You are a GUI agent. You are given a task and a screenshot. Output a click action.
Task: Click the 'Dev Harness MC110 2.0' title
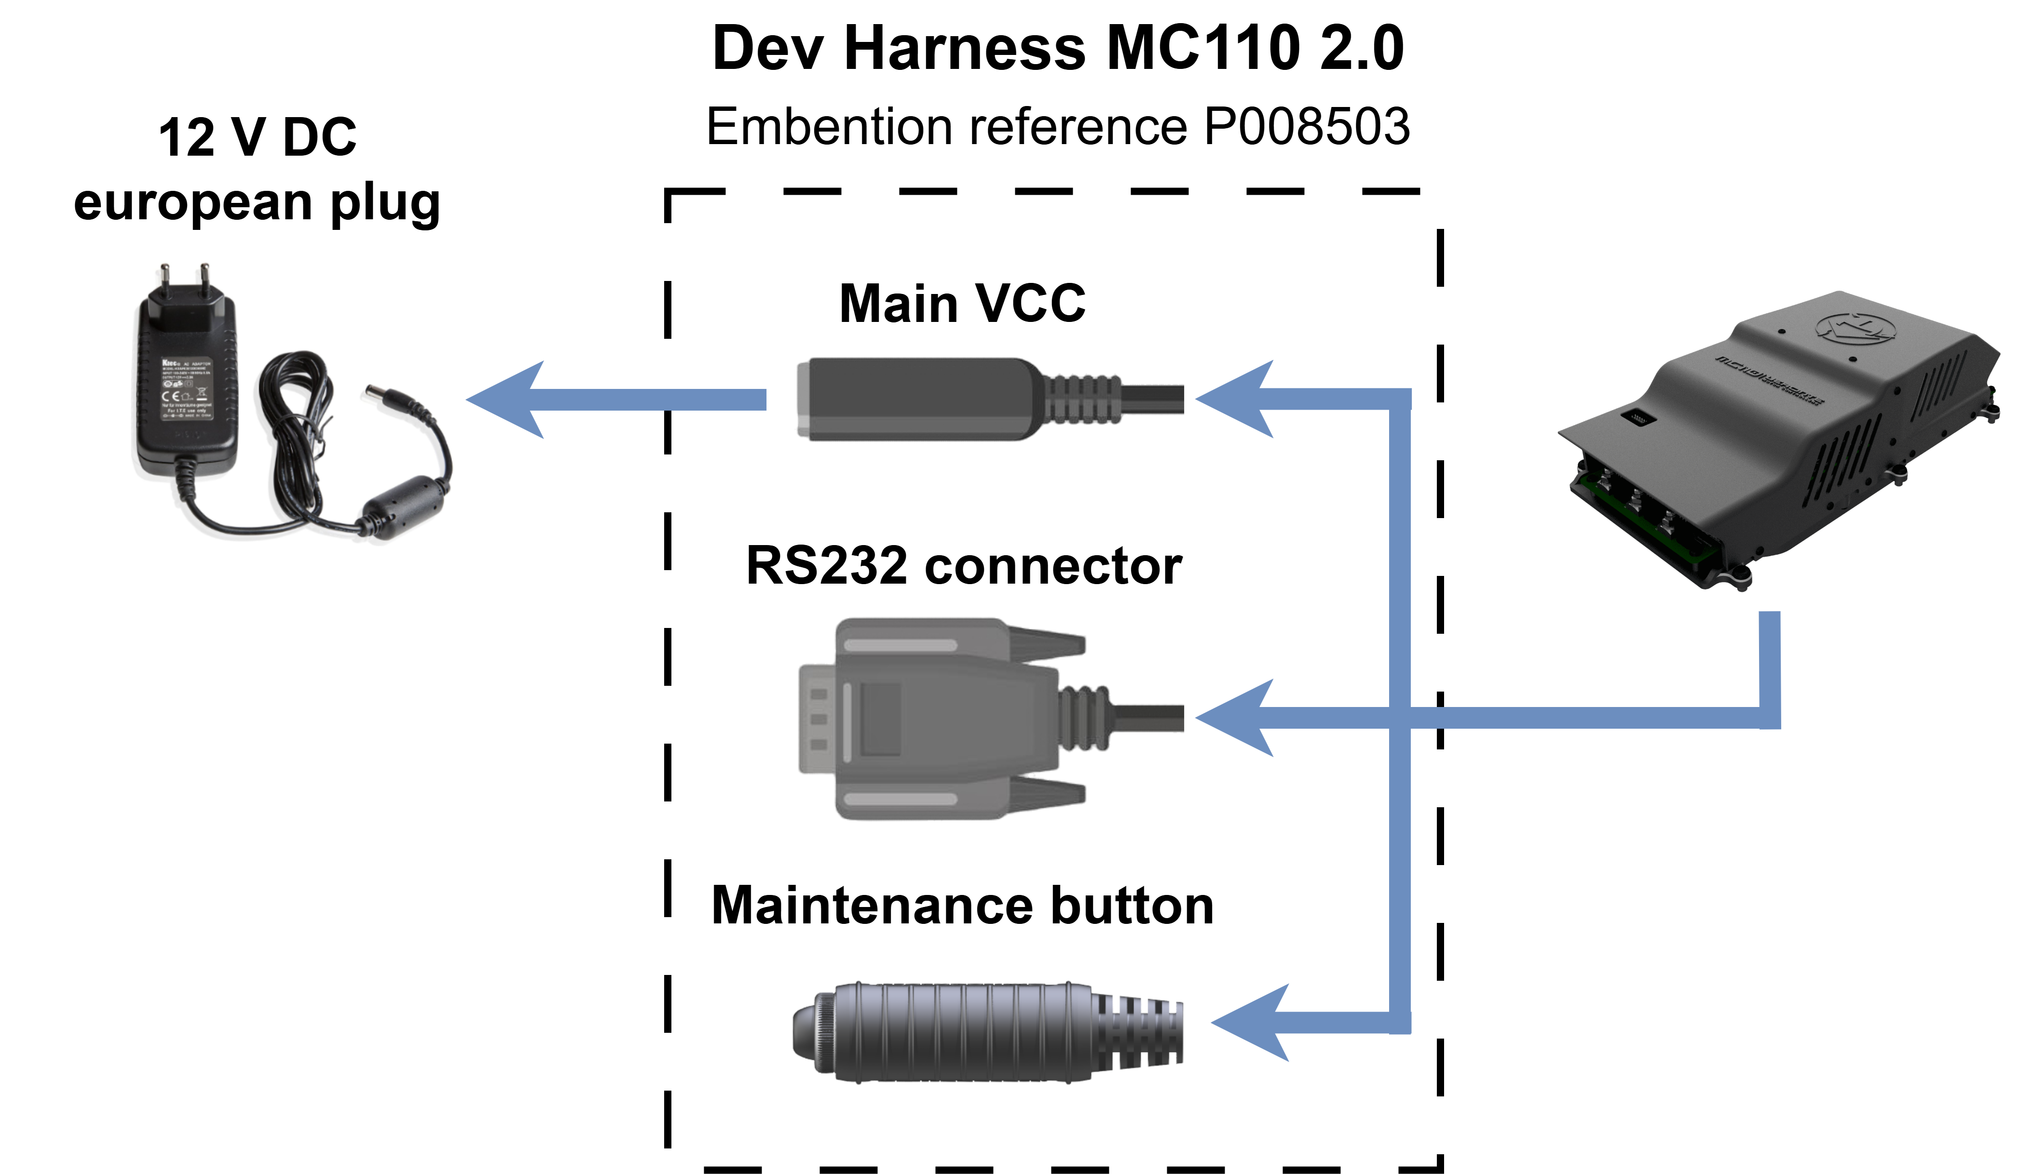click(x=1058, y=48)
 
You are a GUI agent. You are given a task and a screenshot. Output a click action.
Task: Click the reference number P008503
click(x=1306, y=127)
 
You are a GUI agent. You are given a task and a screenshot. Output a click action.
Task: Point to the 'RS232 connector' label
click(x=963, y=565)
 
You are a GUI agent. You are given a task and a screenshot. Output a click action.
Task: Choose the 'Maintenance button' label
click(x=962, y=906)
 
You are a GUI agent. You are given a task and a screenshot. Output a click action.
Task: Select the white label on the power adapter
click(x=186, y=387)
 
